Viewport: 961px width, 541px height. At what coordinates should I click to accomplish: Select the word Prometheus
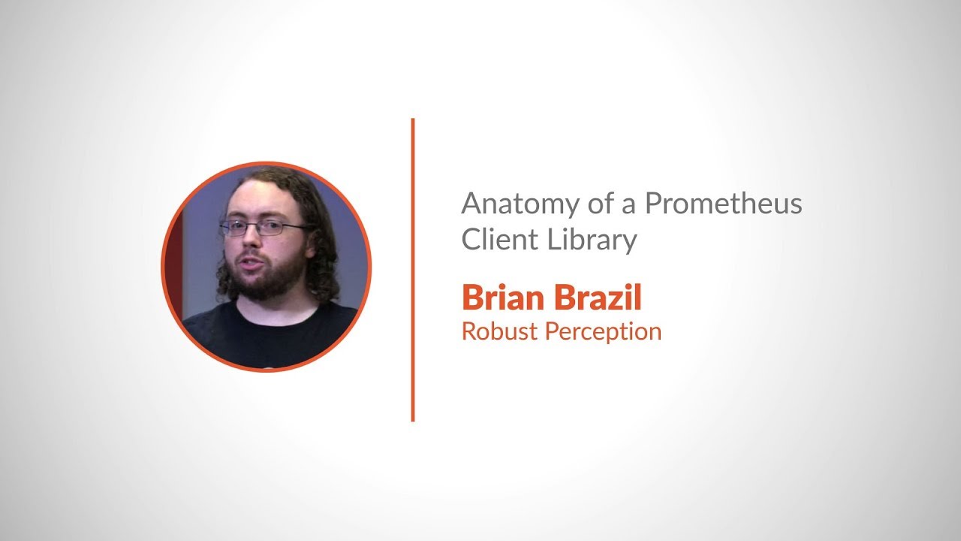[723, 204]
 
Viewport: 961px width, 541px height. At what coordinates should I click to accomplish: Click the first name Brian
[502, 298]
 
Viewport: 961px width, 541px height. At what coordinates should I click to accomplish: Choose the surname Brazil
[597, 298]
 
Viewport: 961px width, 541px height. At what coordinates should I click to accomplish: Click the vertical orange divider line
[413, 270]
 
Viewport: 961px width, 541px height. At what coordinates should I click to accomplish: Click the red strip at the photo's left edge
[173, 263]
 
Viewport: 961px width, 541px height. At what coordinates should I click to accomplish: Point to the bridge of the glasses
[258, 226]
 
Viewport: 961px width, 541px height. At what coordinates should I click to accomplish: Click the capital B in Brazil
[562, 298]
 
